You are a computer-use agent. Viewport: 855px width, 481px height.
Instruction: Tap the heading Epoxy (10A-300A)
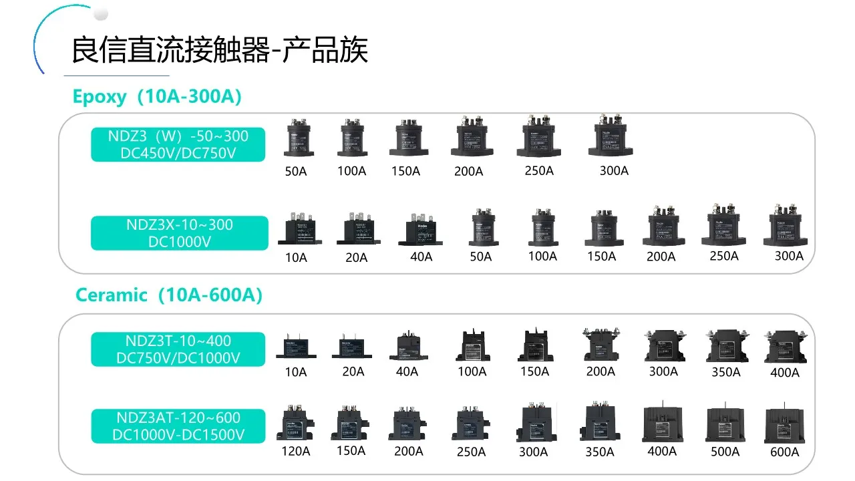(157, 97)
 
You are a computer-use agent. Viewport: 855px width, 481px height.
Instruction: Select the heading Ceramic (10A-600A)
(168, 295)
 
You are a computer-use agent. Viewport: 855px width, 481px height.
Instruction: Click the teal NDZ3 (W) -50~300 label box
(178, 144)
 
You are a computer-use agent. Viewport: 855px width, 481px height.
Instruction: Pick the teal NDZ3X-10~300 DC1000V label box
(179, 232)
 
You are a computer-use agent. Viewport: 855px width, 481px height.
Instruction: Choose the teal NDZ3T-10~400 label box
(178, 349)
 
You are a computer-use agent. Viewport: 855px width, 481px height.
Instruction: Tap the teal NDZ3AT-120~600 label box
(178, 426)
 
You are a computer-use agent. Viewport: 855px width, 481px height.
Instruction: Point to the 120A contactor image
(295, 423)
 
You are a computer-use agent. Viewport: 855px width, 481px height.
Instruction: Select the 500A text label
(725, 452)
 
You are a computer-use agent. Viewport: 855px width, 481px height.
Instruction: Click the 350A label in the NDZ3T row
(725, 372)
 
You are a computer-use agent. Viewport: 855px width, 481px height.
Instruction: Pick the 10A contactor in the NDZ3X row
(295, 229)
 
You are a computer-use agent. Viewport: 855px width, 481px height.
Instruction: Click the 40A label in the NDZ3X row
(421, 257)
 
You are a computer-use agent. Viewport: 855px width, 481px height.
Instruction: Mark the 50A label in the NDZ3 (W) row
(295, 171)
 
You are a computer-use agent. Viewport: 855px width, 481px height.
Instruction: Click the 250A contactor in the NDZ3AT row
(471, 424)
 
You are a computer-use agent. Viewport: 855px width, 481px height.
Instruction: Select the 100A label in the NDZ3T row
(472, 371)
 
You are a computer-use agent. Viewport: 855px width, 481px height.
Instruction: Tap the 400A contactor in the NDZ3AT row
(662, 423)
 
